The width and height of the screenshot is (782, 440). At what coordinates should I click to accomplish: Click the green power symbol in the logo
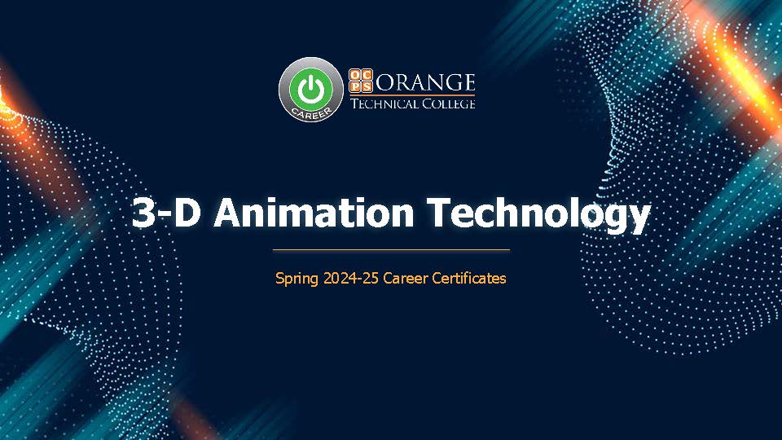pyautogui.click(x=310, y=87)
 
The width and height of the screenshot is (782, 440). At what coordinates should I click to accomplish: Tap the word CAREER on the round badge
pyautogui.click(x=310, y=112)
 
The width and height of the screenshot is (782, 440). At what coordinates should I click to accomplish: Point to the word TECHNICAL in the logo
pyautogui.click(x=384, y=103)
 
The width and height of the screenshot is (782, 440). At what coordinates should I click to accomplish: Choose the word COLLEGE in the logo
pyautogui.click(x=449, y=103)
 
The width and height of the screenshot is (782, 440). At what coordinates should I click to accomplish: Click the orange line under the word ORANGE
pyautogui.click(x=412, y=95)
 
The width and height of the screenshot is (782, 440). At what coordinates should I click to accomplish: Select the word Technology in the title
pyautogui.click(x=539, y=214)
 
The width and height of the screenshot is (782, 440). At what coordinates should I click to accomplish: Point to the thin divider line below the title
pyautogui.click(x=391, y=249)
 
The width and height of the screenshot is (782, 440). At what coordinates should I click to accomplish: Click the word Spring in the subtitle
pyautogui.click(x=297, y=279)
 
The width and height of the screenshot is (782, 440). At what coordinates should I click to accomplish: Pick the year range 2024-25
pyautogui.click(x=351, y=278)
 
